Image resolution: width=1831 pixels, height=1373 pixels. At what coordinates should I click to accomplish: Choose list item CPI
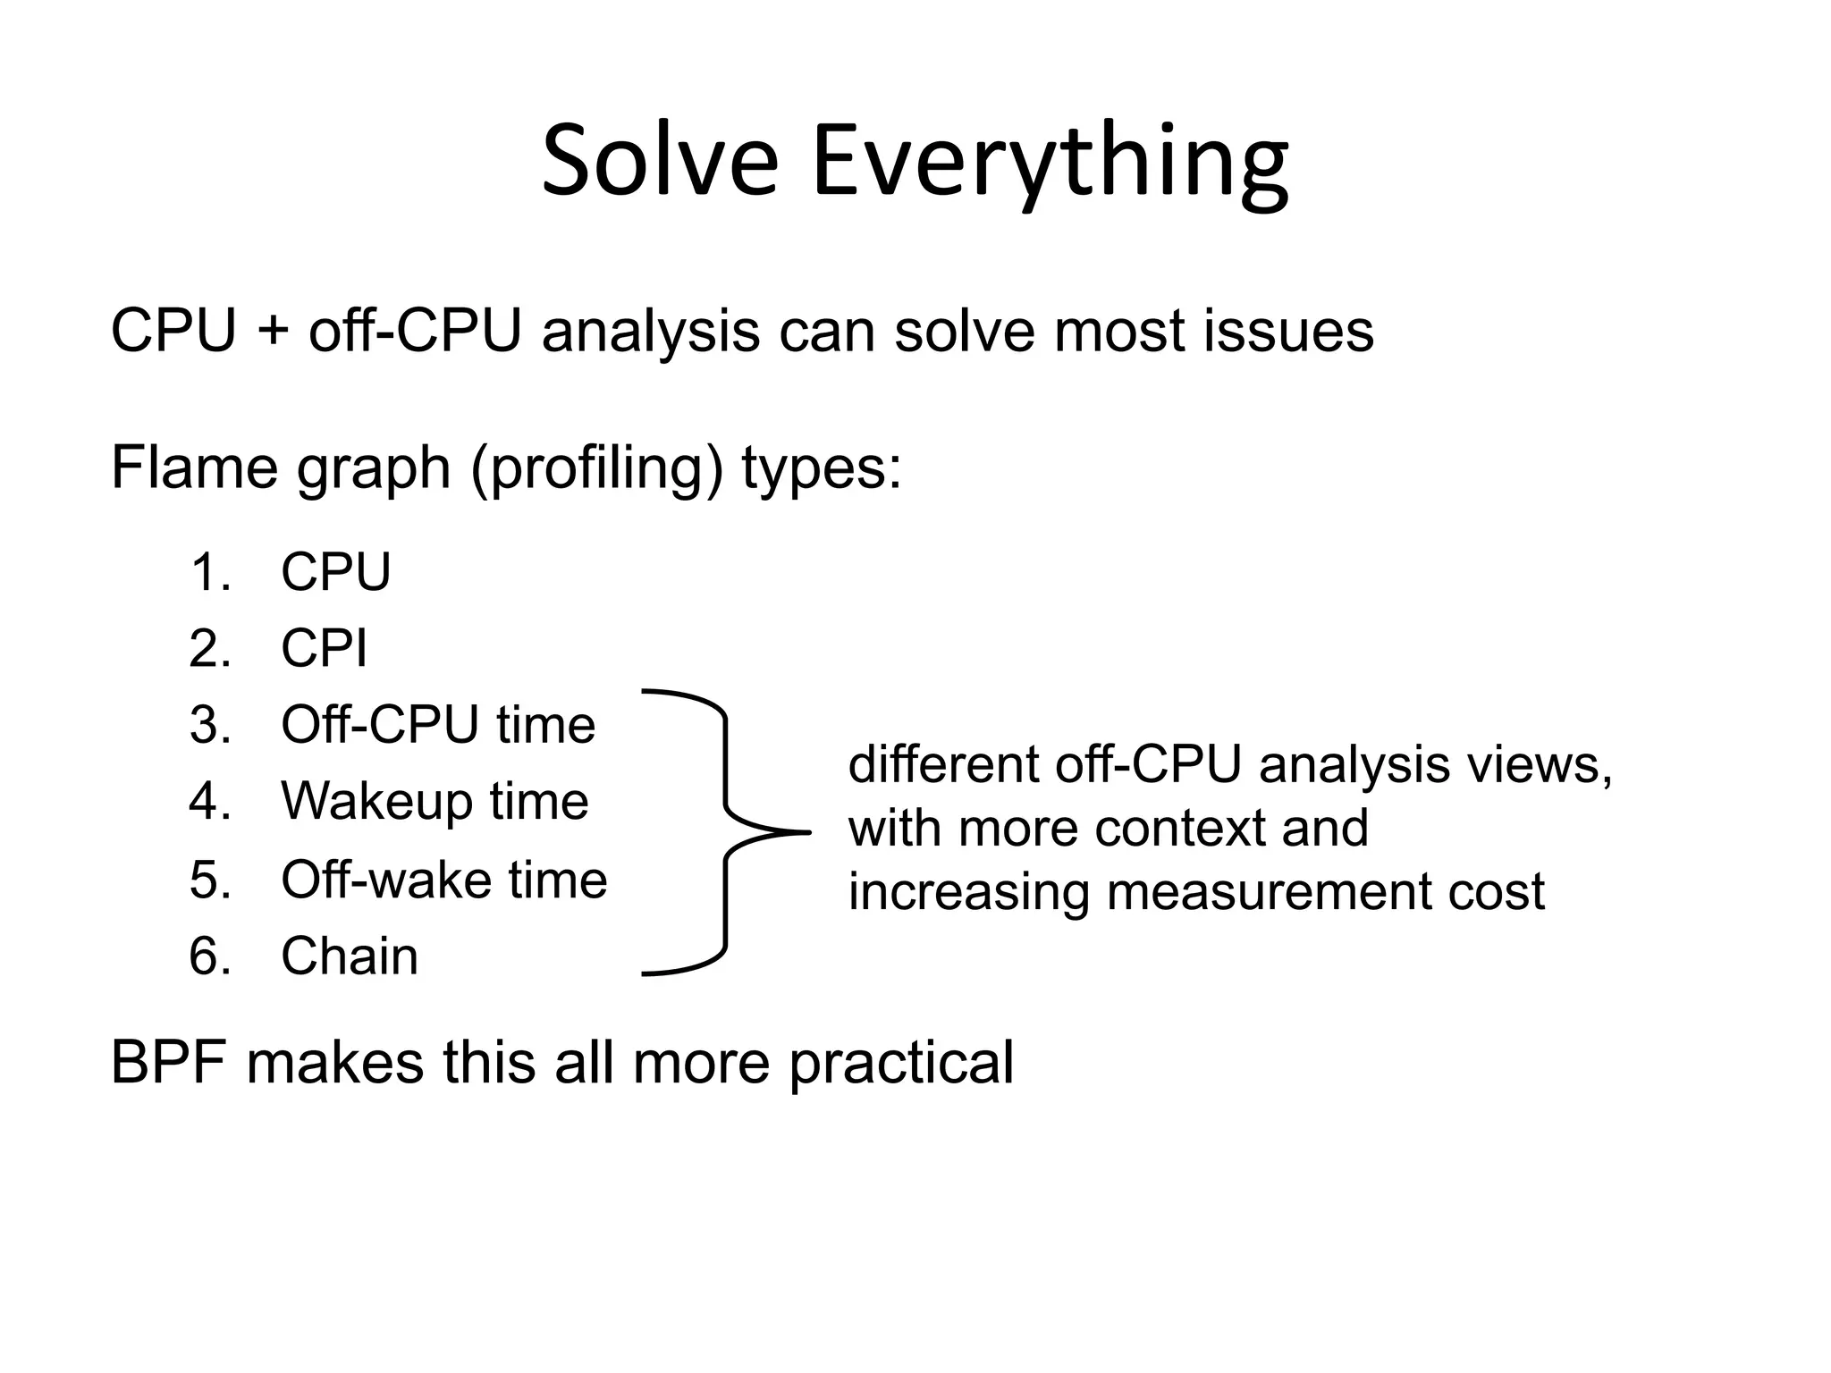tap(324, 648)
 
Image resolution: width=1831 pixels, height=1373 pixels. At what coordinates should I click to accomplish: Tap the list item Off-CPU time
tap(437, 724)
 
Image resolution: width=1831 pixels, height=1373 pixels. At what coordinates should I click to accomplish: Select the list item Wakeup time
tap(435, 801)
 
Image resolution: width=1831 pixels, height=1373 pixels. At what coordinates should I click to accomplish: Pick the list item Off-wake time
tap(443, 880)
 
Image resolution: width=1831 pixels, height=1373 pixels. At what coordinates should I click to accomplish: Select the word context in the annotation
tap(1180, 829)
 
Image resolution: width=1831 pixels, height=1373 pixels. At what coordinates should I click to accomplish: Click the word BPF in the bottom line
tap(168, 1063)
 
